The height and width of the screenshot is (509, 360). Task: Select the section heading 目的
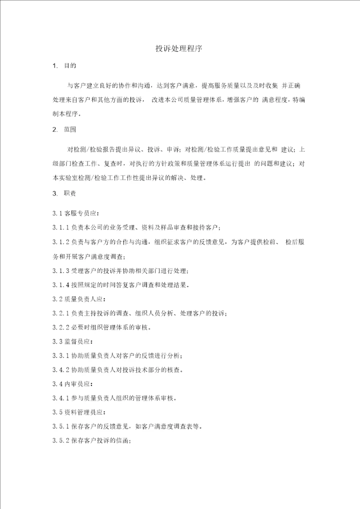click(x=70, y=66)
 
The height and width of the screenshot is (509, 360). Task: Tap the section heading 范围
click(x=70, y=129)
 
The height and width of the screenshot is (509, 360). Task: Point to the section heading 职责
click(x=70, y=193)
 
